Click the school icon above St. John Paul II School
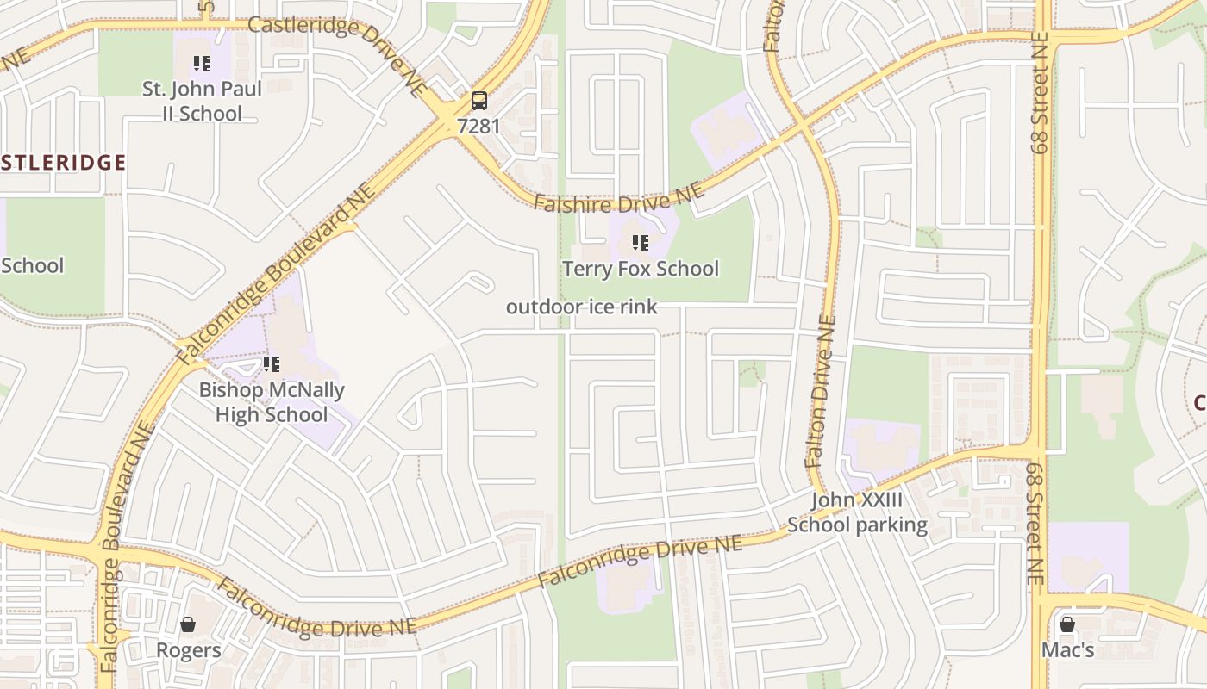[202, 63]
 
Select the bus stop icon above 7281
[478, 101]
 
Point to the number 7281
[478, 126]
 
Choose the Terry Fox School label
[641, 269]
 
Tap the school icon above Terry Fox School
[641, 243]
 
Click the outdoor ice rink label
[582, 307]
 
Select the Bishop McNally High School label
[272, 402]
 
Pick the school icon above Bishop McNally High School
[272, 364]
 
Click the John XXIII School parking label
[857, 512]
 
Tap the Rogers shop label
[188, 650]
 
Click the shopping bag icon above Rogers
[188, 624]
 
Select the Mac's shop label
[1067, 650]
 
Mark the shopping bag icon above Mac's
[1067, 624]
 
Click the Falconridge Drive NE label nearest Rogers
[315, 610]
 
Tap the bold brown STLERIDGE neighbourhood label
[63, 163]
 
